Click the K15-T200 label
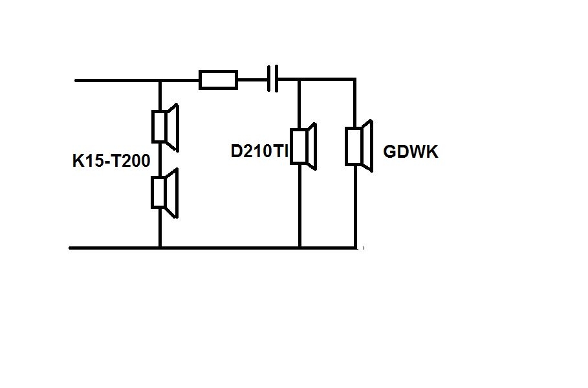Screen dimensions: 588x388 pos(111,161)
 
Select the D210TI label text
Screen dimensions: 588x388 pos(259,151)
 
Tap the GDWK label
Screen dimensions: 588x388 pos(411,152)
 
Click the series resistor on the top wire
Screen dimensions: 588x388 pos(218,80)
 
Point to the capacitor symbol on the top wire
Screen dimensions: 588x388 pos(272,79)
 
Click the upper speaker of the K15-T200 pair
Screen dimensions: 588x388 pos(165,127)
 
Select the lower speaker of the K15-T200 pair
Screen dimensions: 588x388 pos(164,193)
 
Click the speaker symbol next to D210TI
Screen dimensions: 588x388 pos(303,146)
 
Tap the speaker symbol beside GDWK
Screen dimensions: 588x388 pos(359,146)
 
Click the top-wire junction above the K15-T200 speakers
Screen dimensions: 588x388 pos(160,80)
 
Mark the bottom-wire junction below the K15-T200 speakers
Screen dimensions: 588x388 pos(160,248)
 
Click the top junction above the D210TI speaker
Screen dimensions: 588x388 pos(299,79)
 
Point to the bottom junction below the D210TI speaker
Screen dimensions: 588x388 pos(299,248)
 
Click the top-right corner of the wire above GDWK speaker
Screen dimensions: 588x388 pos(355,79)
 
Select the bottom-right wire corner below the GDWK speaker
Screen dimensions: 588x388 pos(355,248)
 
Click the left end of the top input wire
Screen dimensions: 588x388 pos(76,80)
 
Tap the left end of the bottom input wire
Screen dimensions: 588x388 pos(70,248)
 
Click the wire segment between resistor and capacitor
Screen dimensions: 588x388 pos(253,80)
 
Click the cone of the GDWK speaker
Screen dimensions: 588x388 pos(368,146)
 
